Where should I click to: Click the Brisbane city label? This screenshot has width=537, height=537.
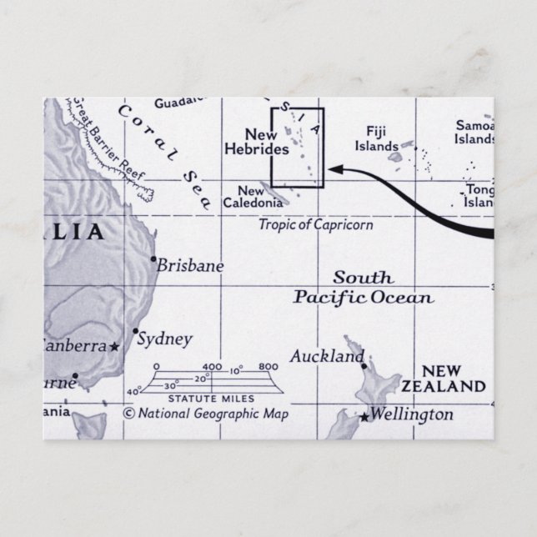pyautogui.click(x=191, y=266)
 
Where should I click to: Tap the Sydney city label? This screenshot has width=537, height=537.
pyautogui.click(x=164, y=339)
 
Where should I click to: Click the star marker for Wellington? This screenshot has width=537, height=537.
pyautogui.click(x=364, y=416)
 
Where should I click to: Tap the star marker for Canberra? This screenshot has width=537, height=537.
pyautogui.click(x=114, y=346)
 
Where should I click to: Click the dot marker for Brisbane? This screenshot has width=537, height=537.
pyautogui.click(x=153, y=259)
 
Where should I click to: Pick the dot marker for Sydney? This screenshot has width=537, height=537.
pyautogui.click(x=135, y=330)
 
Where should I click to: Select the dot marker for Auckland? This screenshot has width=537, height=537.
pyautogui.click(x=364, y=364)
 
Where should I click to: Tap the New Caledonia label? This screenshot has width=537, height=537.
pyautogui.click(x=250, y=197)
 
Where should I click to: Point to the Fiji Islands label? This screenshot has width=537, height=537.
pyautogui.click(x=377, y=138)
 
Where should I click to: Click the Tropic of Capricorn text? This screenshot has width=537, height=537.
pyautogui.click(x=315, y=224)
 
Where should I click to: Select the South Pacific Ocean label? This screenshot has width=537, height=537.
pyautogui.click(x=364, y=288)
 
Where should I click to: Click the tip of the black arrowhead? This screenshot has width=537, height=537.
pyautogui.click(x=330, y=169)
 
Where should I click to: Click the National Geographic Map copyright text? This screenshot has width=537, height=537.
pyautogui.click(x=205, y=414)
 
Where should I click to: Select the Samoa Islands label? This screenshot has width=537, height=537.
pyautogui.click(x=474, y=132)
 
